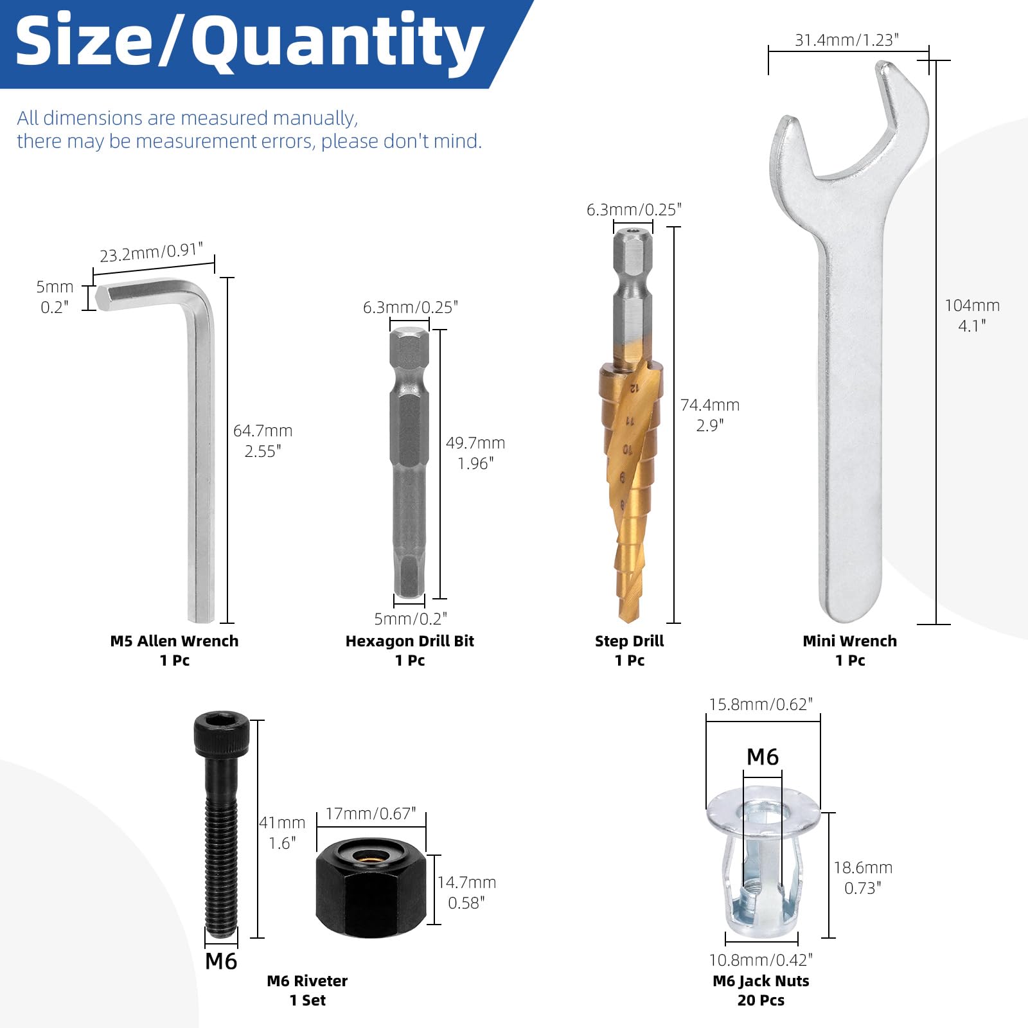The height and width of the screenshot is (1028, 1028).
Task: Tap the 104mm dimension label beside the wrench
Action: (x=972, y=306)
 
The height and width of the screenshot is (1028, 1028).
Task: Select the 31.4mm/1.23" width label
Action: (x=847, y=40)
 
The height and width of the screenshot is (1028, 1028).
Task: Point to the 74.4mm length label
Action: (x=710, y=405)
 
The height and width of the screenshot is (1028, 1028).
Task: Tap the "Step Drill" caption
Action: (x=629, y=641)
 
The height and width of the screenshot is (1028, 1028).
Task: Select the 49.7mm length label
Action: (x=475, y=443)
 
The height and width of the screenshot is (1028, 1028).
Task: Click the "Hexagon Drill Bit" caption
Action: (x=410, y=641)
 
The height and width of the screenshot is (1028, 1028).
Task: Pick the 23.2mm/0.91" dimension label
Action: (x=152, y=252)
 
